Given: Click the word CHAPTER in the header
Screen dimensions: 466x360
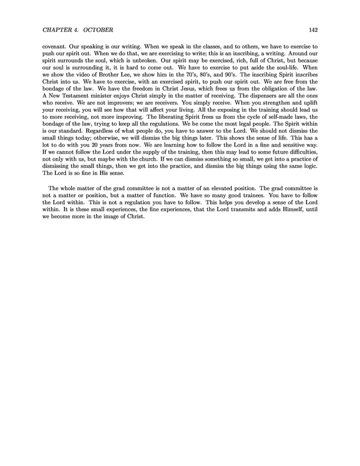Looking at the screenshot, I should click(58, 29).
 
